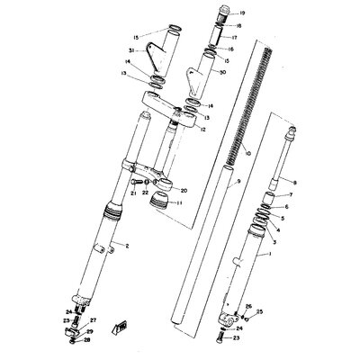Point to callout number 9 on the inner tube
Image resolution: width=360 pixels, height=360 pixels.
[x=213, y=182]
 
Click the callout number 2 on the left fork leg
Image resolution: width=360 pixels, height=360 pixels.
[x=127, y=245]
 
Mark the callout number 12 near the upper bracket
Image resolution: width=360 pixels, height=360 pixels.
[x=203, y=130]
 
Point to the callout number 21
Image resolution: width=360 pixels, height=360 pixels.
[x=131, y=192]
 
